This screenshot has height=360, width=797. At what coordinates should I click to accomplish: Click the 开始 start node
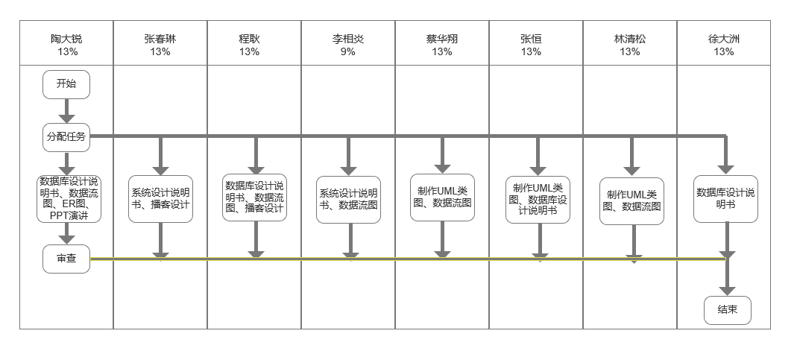66,84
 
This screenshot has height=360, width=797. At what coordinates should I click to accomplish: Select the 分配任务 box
66,136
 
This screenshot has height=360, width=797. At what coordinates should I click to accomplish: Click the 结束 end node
727,310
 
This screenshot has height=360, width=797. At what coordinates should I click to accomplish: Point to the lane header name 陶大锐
66,40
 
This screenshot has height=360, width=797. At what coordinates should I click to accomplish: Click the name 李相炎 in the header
348,40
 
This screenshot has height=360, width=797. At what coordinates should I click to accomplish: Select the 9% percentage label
348,52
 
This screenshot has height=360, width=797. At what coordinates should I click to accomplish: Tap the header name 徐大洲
724,40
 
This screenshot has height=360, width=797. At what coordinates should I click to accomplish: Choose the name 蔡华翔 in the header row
442,40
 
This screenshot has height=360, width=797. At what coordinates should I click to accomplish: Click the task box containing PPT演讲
69,198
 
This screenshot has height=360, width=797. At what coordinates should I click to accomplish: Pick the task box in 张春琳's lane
160,198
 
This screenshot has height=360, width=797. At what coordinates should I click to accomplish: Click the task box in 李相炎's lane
349,198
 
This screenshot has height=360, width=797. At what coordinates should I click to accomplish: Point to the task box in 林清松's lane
632,201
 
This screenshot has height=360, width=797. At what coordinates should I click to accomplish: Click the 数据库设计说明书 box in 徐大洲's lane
725,198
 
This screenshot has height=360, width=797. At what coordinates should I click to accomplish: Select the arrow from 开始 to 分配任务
66,110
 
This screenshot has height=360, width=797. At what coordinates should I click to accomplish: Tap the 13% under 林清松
630,52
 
